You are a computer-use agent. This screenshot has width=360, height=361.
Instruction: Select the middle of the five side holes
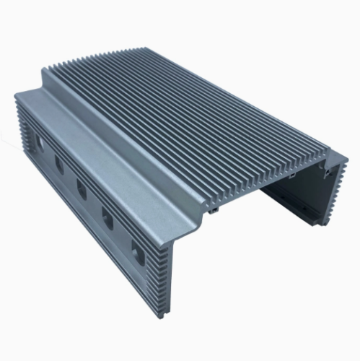tap(82, 191)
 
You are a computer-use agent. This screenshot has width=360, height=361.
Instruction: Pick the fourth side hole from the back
tap(107, 217)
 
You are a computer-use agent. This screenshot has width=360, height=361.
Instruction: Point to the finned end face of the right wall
tap(333, 191)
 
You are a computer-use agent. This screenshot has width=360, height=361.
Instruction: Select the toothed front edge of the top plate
tap(267, 180)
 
